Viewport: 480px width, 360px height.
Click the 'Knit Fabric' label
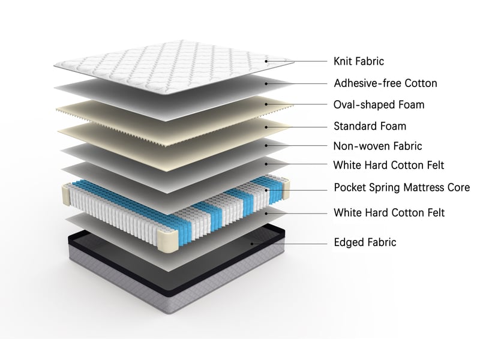[358, 61]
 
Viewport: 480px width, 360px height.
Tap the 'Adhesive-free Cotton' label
[385, 83]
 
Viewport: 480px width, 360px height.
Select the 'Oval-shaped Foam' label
[379, 104]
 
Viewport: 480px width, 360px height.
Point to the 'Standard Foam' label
[370, 126]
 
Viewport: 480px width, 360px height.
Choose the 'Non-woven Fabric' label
[377, 146]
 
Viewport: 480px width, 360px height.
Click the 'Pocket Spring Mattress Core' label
[401, 187]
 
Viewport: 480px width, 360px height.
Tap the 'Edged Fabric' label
[365, 242]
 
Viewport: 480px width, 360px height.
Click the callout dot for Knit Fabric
[266, 61]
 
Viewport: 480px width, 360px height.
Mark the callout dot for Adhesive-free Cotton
[266, 83]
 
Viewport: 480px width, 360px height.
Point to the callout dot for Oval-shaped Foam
[266, 104]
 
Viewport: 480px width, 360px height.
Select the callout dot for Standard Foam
[266, 127]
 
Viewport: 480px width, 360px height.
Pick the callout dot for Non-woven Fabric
[266, 146]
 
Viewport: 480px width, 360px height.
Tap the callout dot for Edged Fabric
[252, 244]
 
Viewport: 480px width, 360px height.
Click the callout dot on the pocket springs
[266, 190]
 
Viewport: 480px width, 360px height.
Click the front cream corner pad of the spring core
[168, 241]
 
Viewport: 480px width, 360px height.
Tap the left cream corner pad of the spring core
[67, 195]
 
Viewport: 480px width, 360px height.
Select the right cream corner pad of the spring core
[286, 189]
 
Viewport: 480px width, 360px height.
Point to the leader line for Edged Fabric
[290, 244]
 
